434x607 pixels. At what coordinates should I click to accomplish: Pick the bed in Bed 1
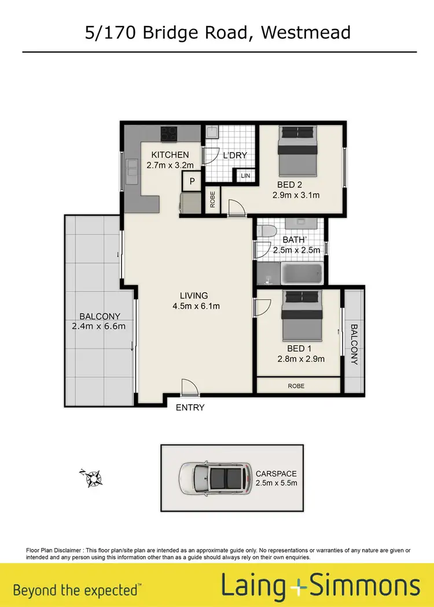tap(303, 316)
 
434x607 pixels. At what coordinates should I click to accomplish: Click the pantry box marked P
tap(191, 181)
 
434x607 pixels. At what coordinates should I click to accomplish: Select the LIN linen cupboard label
tap(245, 175)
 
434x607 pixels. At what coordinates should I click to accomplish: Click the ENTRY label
tap(190, 408)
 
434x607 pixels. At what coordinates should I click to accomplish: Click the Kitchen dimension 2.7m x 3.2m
tap(170, 165)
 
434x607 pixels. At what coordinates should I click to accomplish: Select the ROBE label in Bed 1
tap(296, 386)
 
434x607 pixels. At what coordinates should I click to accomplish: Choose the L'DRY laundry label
tap(236, 156)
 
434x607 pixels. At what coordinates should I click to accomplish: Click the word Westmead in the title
tap(305, 32)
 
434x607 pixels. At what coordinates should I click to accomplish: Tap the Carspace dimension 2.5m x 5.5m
tap(276, 483)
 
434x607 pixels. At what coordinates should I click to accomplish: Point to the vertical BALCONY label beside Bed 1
tap(354, 344)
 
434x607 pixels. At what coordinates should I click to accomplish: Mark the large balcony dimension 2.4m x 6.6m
tap(100, 326)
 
